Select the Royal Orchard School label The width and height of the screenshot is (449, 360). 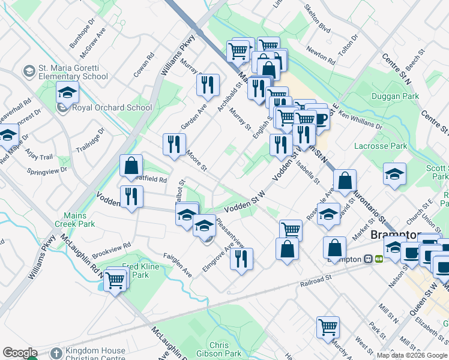pos(112,108)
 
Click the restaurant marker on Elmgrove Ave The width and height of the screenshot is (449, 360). pos(241,259)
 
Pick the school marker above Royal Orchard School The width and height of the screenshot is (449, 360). pos(67,92)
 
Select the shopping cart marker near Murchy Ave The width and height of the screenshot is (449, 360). pos(328,328)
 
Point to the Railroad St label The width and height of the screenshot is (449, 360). pos(318,279)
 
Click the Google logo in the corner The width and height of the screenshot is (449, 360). pos(20,353)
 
